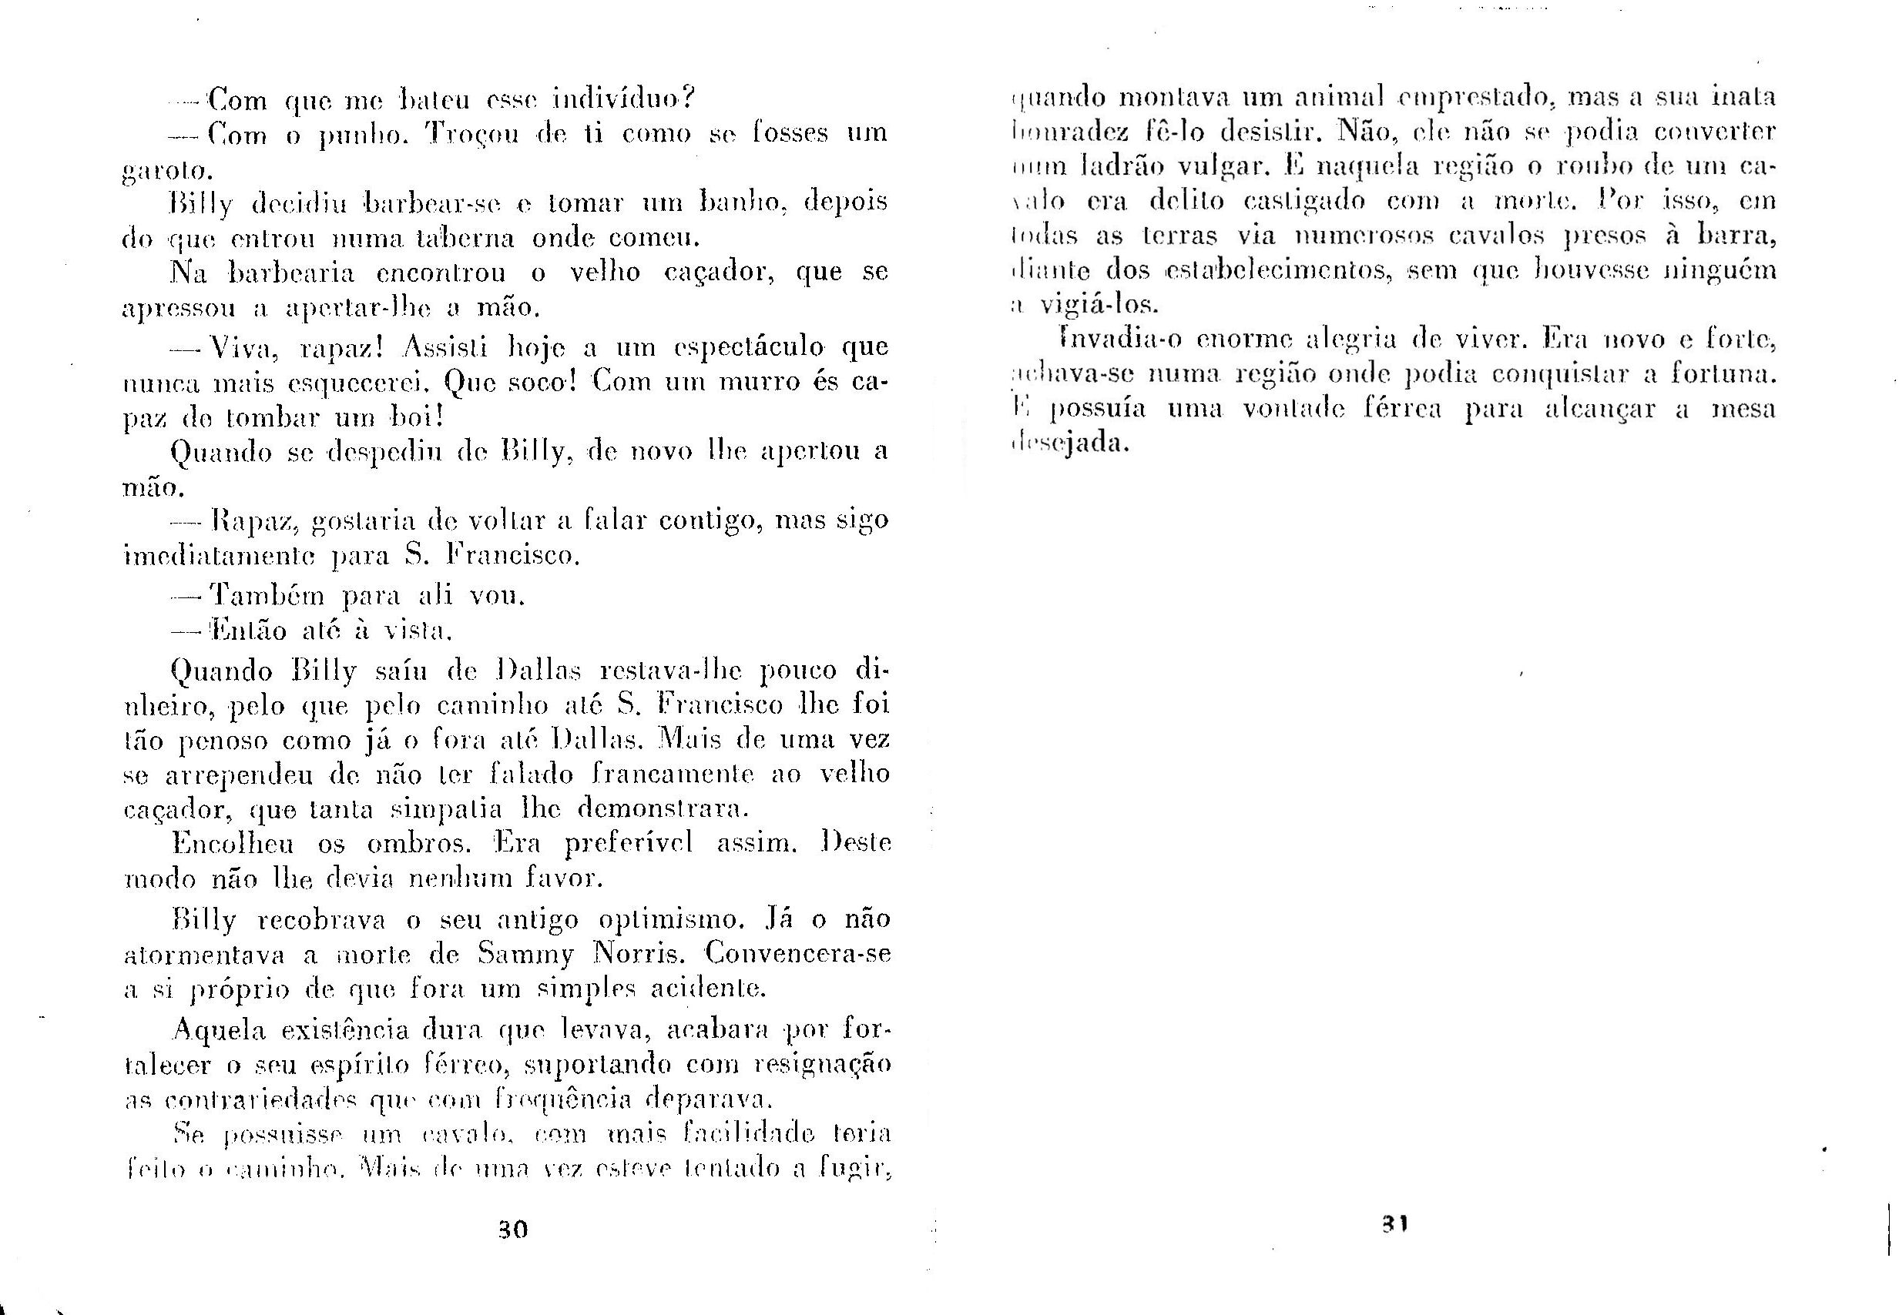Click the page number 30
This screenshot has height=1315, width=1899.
512,1230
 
